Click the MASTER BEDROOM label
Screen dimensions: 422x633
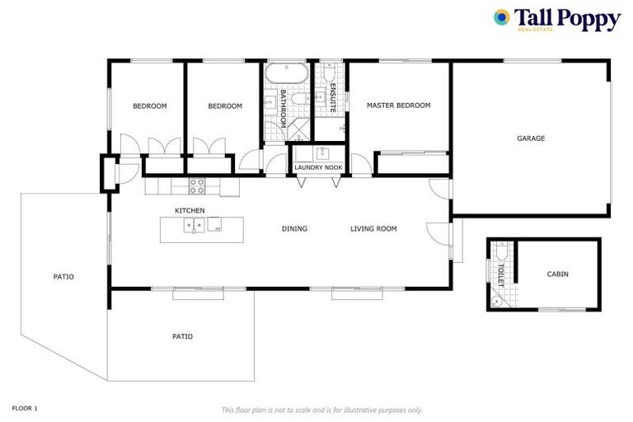(399, 105)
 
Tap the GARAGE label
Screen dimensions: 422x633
(531, 138)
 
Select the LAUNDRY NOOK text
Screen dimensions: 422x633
(318, 168)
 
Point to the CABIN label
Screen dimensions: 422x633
(557, 274)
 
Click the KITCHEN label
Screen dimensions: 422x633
(190, 211)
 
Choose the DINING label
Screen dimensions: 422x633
(294, 228)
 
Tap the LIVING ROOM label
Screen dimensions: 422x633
(373, 228)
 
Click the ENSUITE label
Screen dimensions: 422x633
(332, 99)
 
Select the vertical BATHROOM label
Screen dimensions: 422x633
(282, 108)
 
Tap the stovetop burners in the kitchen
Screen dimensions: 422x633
(198, 185)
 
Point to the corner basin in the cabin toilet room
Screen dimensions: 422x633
(495, 302)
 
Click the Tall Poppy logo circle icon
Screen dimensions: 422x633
(501, 16)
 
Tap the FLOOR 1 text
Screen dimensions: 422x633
(25, 408)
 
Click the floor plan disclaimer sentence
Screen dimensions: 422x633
(321, 410)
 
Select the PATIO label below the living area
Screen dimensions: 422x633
(182, 336)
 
